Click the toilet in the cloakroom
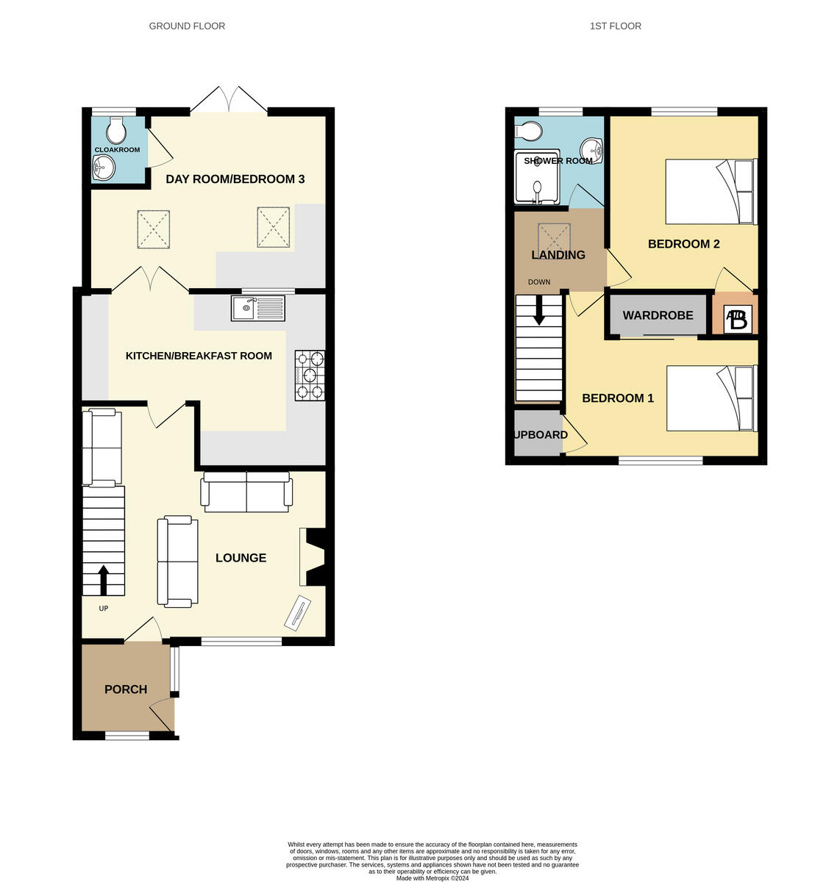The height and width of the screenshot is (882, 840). pos(115,131)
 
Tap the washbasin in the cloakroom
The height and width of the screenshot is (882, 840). pos(104,169)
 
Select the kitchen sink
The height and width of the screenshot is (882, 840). pos(257,308)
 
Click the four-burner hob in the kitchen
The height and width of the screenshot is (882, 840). pos(310,375)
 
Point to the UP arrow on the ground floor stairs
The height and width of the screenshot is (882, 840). pos(103,579)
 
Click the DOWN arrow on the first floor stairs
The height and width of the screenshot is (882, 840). pos(538,309)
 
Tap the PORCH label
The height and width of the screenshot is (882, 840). pos(126,689)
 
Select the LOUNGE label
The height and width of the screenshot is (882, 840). pos(241,558)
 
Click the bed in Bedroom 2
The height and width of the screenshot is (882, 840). pos(711,192)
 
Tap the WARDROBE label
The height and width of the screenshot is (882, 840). pos(658,315)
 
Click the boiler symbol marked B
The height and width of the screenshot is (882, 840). pos(736,320)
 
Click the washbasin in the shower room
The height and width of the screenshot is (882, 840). pos(591,150)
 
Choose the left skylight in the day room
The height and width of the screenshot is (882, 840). pos(154,229)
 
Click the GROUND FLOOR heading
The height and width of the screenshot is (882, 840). pos(187,26)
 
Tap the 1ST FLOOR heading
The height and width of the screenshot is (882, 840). pos(615,26)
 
